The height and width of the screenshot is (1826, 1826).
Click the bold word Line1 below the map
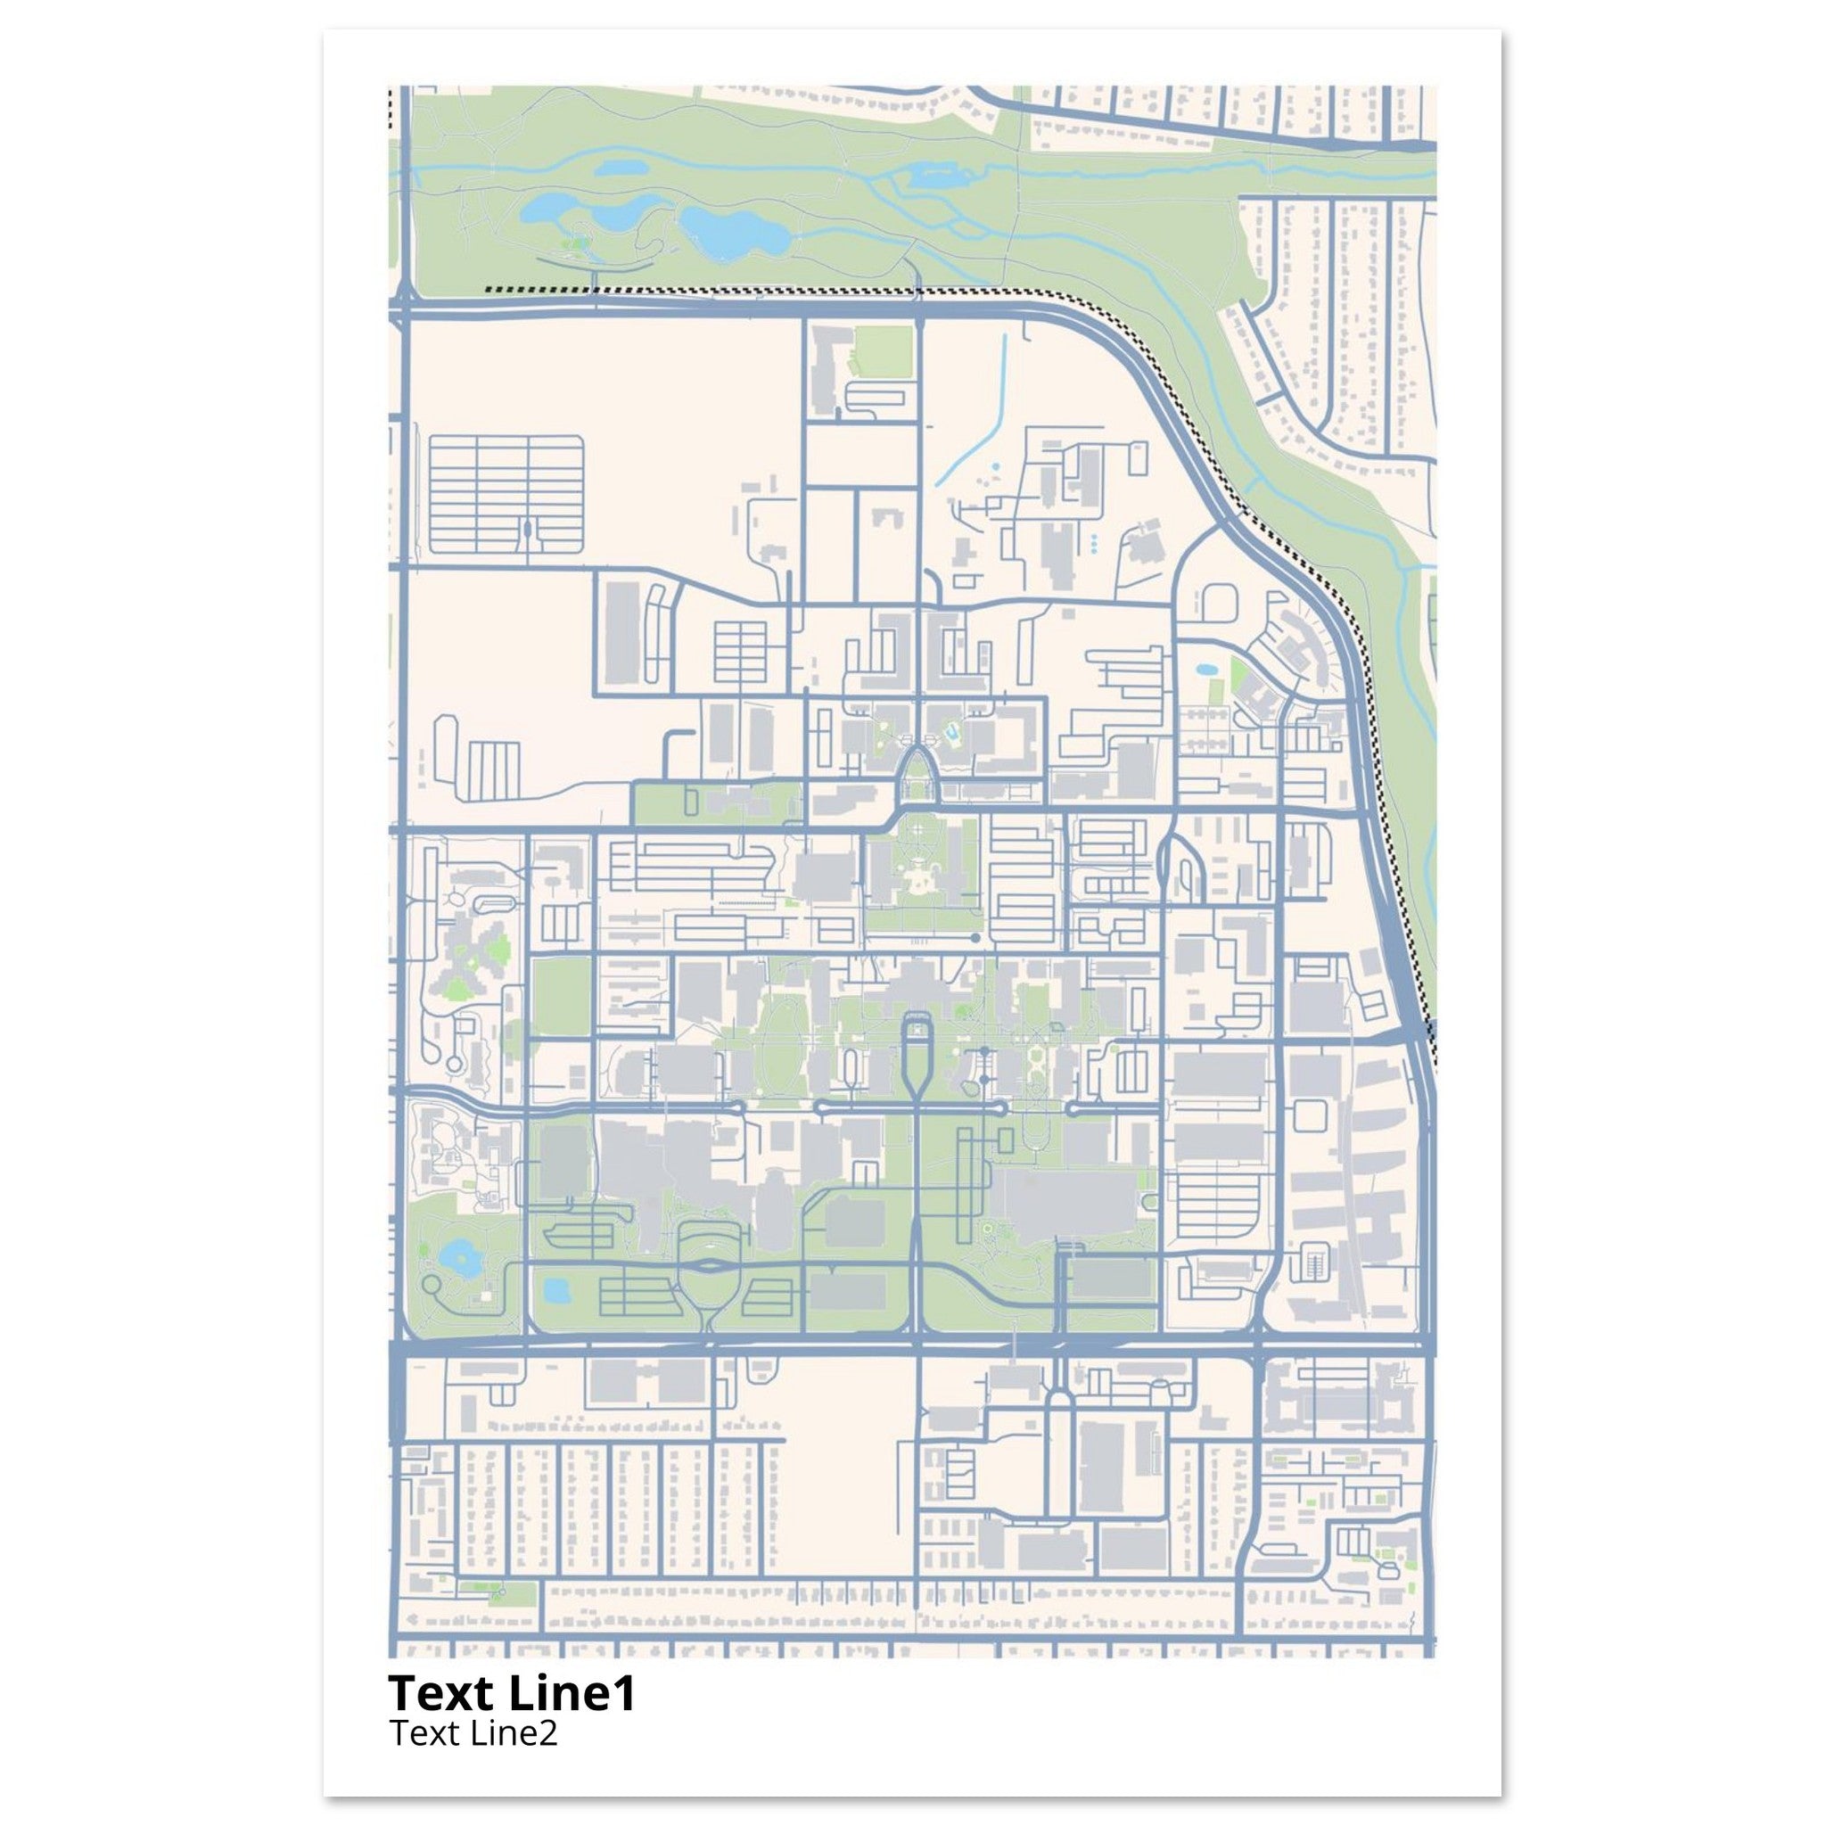point(572,1694)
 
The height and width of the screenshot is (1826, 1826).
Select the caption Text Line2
point(473,1733)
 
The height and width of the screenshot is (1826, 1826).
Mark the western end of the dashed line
point(487,290)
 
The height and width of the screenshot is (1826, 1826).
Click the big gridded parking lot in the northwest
point(506,493)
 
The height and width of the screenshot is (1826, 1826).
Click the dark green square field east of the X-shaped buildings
point(561,994)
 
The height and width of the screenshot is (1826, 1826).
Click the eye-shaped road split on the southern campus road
point(709,1263)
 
